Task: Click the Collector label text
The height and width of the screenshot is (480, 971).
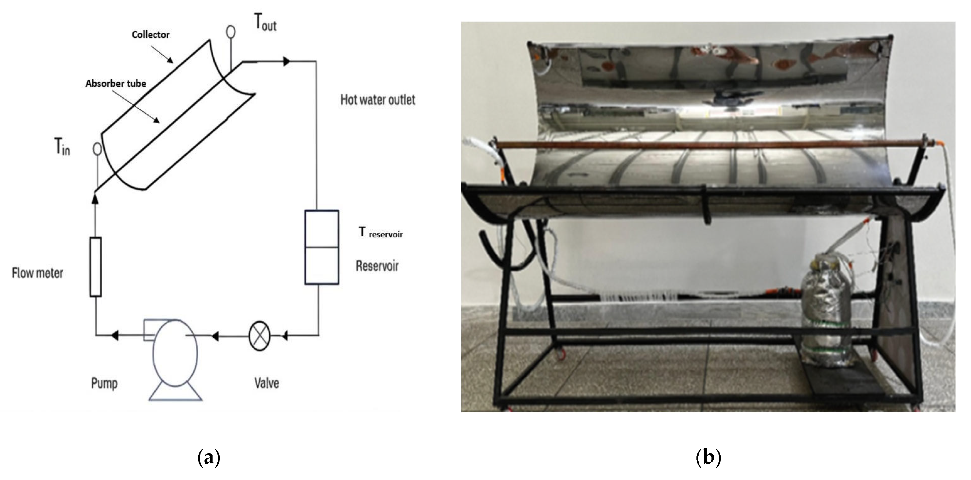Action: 150,35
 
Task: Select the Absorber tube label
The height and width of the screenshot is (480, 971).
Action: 116,84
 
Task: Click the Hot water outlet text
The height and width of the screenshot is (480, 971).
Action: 378,100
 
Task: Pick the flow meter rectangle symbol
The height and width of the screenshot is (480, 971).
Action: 95,267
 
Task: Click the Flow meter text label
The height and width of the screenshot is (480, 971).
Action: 38,273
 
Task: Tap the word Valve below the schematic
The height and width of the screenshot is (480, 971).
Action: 267,383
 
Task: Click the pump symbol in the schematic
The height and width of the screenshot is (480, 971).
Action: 174,352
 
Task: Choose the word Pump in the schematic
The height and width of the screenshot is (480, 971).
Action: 104,383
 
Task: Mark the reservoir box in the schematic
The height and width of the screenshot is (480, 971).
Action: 322,247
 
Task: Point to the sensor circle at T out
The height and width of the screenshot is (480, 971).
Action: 231,31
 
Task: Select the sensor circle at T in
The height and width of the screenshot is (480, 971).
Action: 97,149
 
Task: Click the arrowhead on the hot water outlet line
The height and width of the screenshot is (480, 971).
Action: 286,61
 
